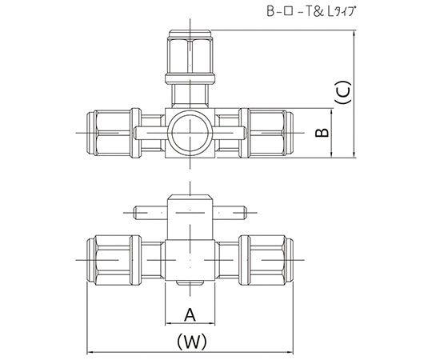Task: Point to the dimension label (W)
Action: click(190, 342)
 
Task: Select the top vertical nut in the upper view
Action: click(190, 51)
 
